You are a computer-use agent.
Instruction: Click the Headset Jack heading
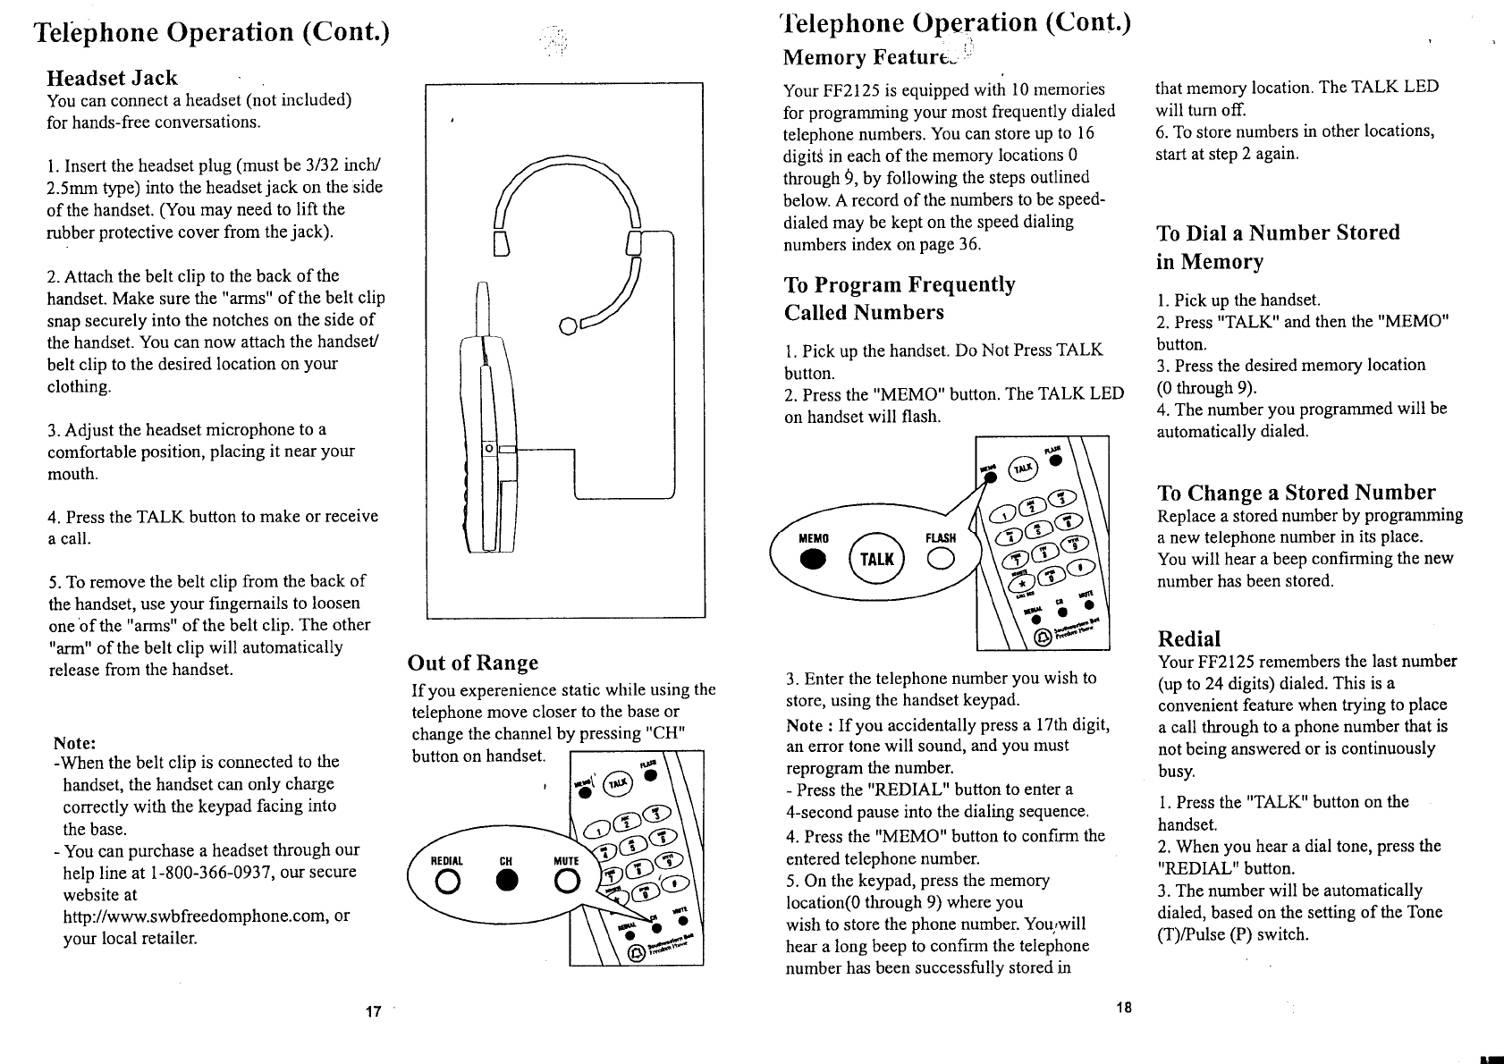tap(112, 78)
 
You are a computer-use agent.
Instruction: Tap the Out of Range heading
tap(473, 663)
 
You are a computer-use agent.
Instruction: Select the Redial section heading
tap(1188, 638)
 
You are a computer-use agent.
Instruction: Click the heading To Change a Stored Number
tap(1296, 493)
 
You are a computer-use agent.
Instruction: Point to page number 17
tap(374, 1011)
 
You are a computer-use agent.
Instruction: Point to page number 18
tap(1124, 1007)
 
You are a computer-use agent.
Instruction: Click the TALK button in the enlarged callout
tap(876, 560)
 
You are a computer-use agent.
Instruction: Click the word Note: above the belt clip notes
tap(75, 743)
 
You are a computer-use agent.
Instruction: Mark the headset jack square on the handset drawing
tap(488, 448)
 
